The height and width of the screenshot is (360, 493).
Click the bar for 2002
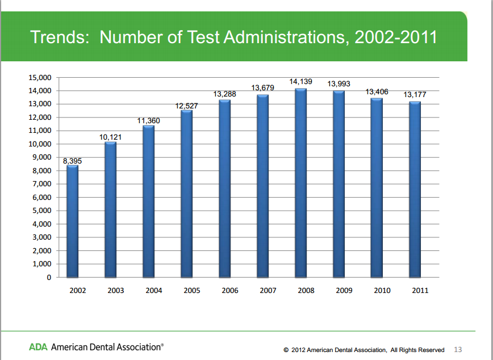click(72, 221)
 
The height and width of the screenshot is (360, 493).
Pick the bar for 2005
click(186, 194)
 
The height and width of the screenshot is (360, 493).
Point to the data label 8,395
click(72, 161)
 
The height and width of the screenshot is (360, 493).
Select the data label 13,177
click(415, 95)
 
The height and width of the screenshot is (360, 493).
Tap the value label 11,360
click(149, 120)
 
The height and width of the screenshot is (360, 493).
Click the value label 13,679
click(263, 87)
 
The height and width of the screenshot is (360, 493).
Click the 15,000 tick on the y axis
click(40, 77)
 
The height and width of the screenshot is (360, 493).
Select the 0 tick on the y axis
click(49, 278)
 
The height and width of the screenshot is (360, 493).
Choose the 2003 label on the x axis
click(116, 291)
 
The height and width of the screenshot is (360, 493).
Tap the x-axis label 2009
click(344, 291)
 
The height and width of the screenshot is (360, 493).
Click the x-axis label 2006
click(230, 291)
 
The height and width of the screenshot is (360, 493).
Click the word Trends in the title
click(60, 37)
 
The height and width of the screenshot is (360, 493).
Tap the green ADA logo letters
click(38, 346)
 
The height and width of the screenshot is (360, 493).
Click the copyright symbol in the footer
click(286, 350)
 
